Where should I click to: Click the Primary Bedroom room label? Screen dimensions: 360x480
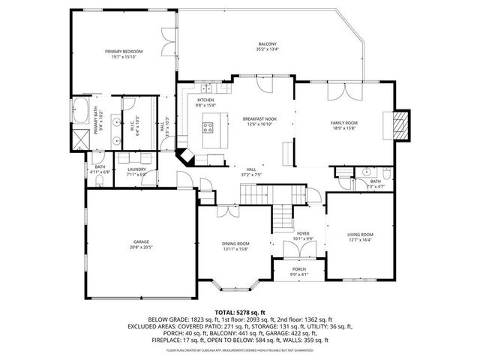[x=124, y=53]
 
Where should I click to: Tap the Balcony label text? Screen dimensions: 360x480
[x=268, y=46]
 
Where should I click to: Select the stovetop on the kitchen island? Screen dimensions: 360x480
[x=206, y=129]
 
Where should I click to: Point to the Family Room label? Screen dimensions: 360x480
[x=344, y=124]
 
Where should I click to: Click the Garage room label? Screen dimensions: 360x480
[x=142, y=244]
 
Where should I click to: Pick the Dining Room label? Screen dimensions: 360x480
[x=235, y=245]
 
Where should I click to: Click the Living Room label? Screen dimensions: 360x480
[x=360, y=237]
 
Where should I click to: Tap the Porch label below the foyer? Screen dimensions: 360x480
[x=298, y=271]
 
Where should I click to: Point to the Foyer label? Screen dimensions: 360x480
[x=302, y=235]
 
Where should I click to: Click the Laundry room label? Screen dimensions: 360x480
[x=136, y=171]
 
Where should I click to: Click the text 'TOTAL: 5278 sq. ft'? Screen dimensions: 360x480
[x=240, y=311]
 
